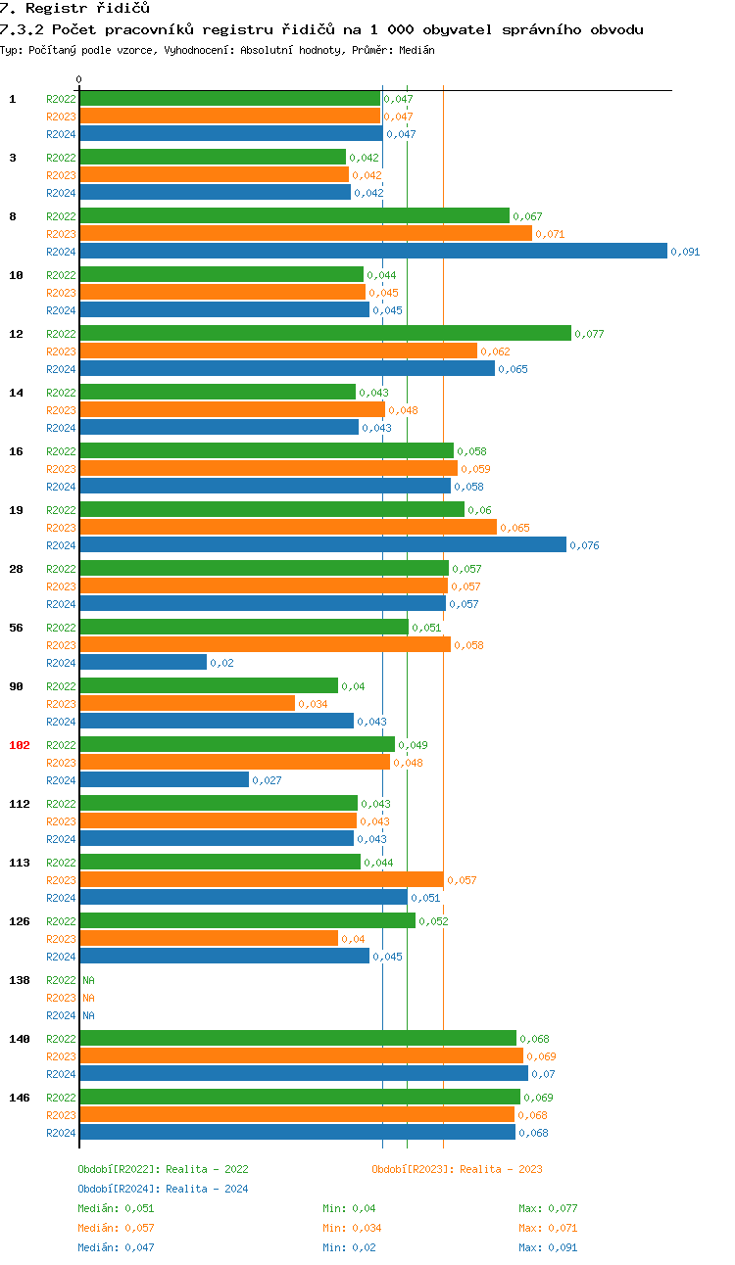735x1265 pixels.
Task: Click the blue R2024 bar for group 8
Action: point(372,252)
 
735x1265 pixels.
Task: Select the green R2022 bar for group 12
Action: point(324,334)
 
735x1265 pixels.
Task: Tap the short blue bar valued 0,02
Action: point(143,663)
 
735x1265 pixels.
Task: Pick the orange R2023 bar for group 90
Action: point(187,704)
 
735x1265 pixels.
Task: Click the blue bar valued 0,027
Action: point(164,780)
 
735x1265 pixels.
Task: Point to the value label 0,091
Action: point(685,252)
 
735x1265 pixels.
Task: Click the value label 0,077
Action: point(589,334)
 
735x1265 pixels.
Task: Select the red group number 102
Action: point(20,745)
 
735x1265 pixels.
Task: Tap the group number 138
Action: point(20,980)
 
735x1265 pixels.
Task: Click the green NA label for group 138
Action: point(88,980)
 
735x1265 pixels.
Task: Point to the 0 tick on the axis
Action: point(79,79)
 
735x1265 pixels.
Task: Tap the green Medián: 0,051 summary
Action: point(116,1208)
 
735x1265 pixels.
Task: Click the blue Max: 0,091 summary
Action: point(548,1247)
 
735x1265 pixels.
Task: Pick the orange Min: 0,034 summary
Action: point(352,1228)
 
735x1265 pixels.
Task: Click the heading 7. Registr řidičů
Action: point(74,9)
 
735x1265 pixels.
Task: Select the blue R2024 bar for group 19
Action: point(322,545)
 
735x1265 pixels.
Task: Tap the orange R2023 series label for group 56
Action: point(61,645)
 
